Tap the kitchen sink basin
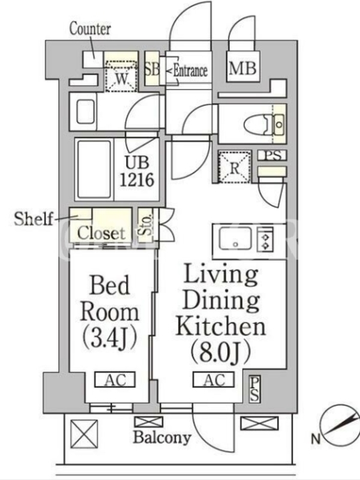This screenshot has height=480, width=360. coord(235,239)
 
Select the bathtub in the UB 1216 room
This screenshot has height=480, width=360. coord(94,170)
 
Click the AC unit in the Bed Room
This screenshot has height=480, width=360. coord(115,380)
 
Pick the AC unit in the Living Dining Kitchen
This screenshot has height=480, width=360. coord(214,380)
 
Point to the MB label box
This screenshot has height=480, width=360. coord(243,68)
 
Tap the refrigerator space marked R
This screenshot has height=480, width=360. coord(235,167)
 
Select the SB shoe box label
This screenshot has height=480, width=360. coord(152,69)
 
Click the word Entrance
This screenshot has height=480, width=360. coord(190,71)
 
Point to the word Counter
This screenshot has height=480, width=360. coord(90,29)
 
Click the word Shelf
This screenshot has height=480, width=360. coord(34,219)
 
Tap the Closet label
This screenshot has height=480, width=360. coord(101,233)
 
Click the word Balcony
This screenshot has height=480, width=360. coord(162,437)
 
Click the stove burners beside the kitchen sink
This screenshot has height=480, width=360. coord(265,239)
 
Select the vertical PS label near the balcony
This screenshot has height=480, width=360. coord(254,389)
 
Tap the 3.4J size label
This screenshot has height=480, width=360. coord(109,339)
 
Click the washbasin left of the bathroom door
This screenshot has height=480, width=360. coord(85,112)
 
